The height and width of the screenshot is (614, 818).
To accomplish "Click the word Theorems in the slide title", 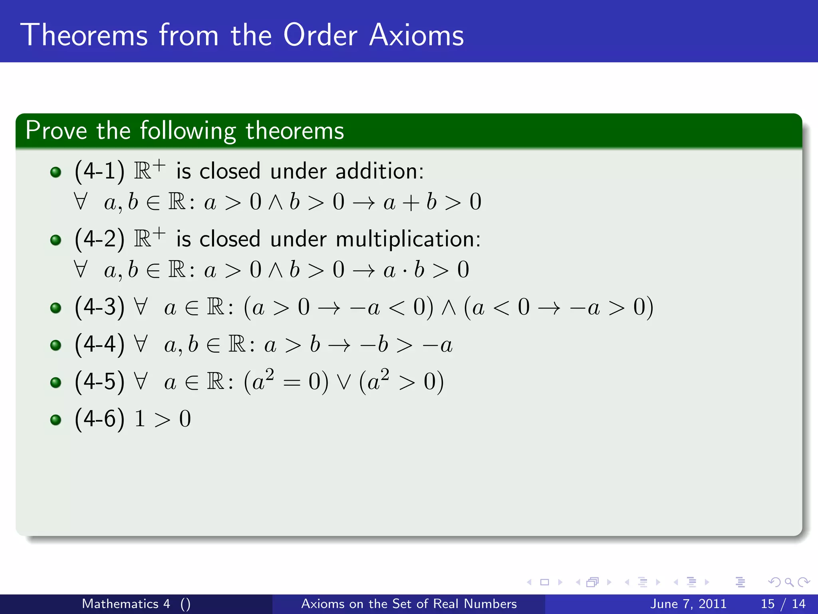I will (x=84, y=35).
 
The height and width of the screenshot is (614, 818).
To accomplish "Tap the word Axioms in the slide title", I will (x=416, y=35).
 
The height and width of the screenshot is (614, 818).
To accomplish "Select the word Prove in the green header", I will (x=56, y=130).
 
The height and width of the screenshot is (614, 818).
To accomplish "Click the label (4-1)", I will (x=99, y=171).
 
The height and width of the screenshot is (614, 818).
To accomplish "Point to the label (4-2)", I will (x=99, y=239).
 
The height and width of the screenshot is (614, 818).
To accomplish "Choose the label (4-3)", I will (x=99, y=307).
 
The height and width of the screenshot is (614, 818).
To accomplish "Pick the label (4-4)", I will (x=99, y=344).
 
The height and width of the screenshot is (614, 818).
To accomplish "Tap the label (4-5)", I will (x=99, y=381).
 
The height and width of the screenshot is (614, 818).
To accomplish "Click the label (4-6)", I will (x=99, y=419).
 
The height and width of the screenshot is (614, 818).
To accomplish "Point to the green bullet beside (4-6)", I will (x=56, y=420).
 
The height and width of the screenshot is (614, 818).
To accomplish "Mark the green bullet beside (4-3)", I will (x=56, y=308).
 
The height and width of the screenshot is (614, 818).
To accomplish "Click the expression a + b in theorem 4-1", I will (x=410, y=201).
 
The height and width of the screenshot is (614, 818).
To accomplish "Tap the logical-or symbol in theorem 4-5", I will (x=343, y=382).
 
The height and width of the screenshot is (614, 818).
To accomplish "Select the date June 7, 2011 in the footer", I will (x=688, y=604).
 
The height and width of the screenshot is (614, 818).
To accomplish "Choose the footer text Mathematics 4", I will (x=126, y=604).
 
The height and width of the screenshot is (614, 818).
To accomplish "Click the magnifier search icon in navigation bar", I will (x=788, y=582).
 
